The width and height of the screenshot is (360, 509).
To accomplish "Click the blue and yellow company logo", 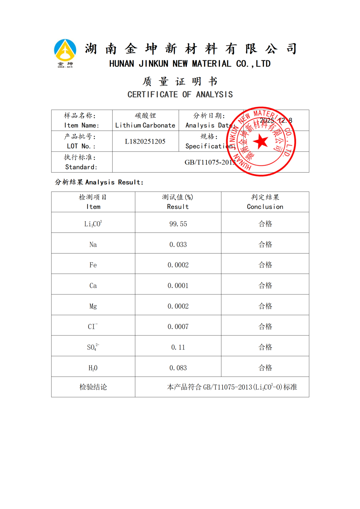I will coord(65,53).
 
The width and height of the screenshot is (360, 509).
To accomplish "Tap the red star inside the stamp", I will coord(261,142).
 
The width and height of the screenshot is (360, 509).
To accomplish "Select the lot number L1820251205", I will coord(145,142).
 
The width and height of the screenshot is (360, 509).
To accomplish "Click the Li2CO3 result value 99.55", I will coord(178,224).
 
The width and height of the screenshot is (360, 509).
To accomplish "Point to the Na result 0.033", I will coord(178,245).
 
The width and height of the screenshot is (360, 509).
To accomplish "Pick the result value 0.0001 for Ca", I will coord(178,285).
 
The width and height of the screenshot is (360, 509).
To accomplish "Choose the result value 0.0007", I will coord(178,327).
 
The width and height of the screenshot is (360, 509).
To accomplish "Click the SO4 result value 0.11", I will coord(178,347).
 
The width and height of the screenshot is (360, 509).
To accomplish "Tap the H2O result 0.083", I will coord(178,368).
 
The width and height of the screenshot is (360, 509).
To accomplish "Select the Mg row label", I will coord(93,306).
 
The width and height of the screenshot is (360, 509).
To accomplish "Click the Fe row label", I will coord(93,265).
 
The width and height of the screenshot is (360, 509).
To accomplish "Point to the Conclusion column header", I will coord(265,207).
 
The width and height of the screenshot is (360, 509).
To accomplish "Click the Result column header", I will coord(178,207).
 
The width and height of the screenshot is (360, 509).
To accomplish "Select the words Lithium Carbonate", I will coord(145,125).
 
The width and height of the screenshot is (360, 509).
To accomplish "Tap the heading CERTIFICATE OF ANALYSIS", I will coord(180,95).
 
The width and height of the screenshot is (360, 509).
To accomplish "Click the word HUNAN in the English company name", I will coord(122,64).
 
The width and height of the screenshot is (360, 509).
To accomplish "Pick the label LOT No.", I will coord(81,146).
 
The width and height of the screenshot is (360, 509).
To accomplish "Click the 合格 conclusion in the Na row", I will coord(265,245).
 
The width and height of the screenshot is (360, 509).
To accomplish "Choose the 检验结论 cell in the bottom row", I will coord(93,387).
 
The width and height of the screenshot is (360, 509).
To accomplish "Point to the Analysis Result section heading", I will coord(99,182).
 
